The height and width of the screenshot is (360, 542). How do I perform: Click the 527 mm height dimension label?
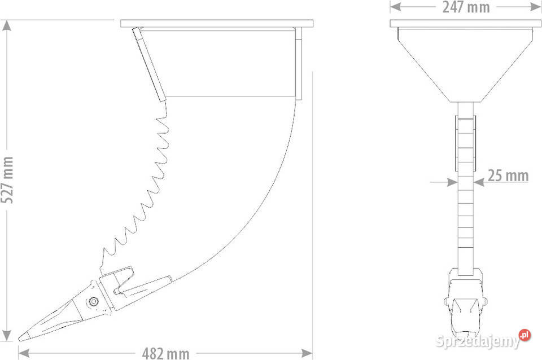(7, 179)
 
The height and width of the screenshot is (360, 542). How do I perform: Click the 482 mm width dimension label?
(165, 353)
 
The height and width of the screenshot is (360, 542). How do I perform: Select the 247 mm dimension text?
(466, 7)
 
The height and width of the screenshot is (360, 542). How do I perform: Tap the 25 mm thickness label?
(508, 175)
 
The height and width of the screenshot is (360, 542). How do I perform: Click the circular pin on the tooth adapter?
(93, 302)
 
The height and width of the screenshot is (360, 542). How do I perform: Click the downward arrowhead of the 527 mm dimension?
(7, 335)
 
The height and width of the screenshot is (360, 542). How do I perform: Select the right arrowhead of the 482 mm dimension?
(307, 353)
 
